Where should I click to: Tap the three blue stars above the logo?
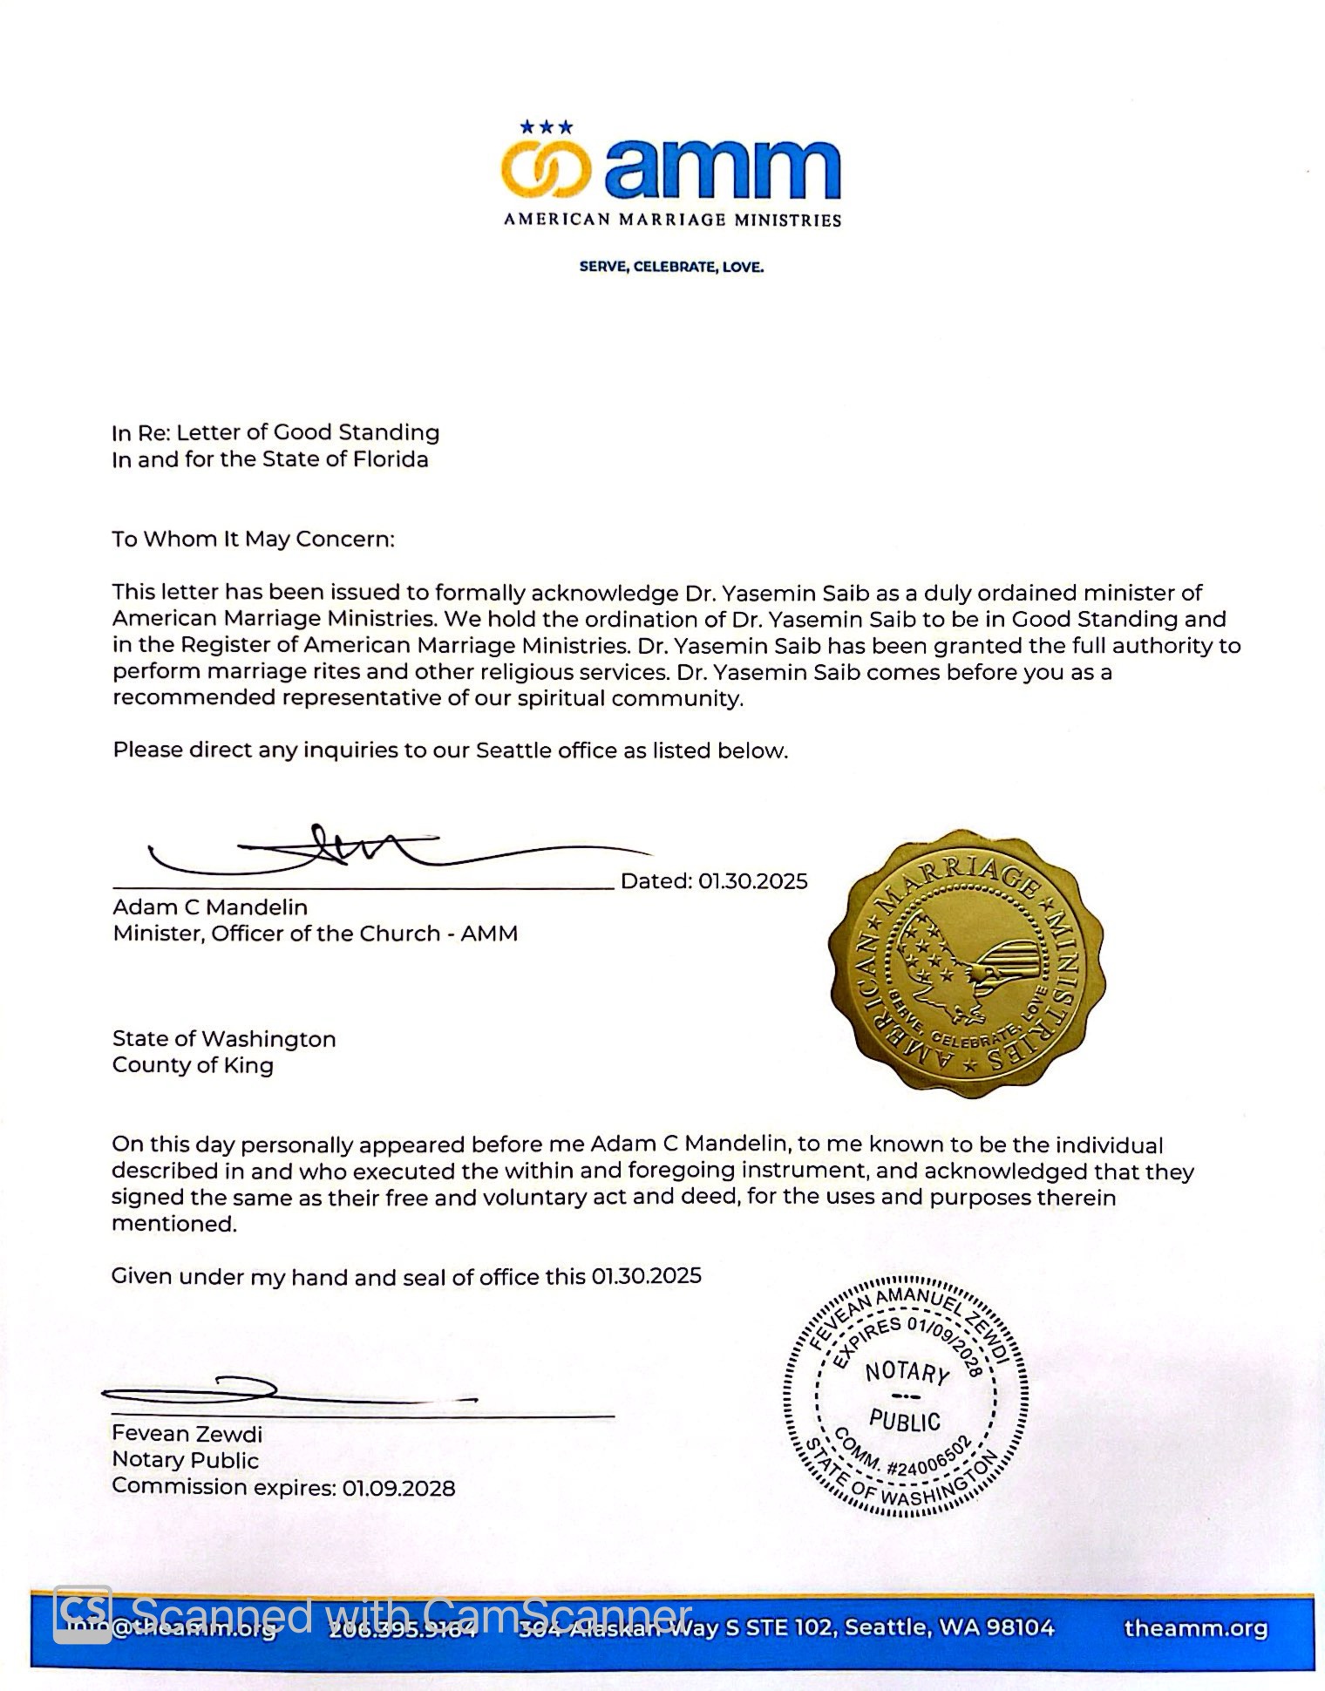tap(547, 127)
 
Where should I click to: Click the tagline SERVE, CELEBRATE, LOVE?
tap(671, 267)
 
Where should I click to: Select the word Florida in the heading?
tap(391, 459)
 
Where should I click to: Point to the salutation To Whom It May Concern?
tap(253, 539)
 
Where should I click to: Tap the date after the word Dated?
tap(752, 881)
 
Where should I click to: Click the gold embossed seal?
tap(966, 963)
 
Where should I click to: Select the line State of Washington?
tap(224, 1039)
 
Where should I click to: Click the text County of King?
tap(193, 1065)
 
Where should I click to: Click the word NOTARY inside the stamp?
tap(907, 1373)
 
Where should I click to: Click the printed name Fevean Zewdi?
tap(187, 1434)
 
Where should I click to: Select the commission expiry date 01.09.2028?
tap(398, 1487)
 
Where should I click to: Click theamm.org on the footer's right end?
tap(1195, 1628)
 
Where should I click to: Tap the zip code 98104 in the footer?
tap(1022, 1627)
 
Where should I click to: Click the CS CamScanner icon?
tap(83, 1613)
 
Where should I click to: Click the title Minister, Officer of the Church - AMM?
tap(315, 934)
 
